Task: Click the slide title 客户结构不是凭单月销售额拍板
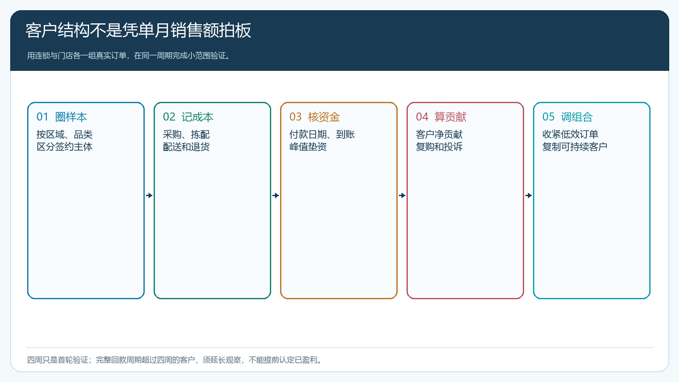(x=138, y=30)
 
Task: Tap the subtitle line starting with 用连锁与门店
(x=129, y=56)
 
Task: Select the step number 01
(x=42, y=117)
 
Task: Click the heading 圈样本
(x=71, y=117)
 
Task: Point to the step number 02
(x=169, y=117)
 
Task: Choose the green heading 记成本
(x=197, y=117)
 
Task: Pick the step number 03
(x=295, y=117)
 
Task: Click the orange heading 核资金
(x=324, y=117)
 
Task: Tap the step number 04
(x=422, y=117)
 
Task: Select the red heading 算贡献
(x=450, y=117)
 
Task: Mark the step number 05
(x=548, y=117)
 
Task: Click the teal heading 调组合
(x=577, y=117)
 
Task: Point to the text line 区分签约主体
(x=65, y=147)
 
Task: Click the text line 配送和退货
(x=186, y=147)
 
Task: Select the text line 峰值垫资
(x=308, y=147)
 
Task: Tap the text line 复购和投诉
(x=439, y=147)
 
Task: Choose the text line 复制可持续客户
(x=575, y=147)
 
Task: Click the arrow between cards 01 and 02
(x=149, y=195)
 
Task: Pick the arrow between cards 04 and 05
(x=529, y=195)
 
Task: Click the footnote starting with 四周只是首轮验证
(x=175, y=360)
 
